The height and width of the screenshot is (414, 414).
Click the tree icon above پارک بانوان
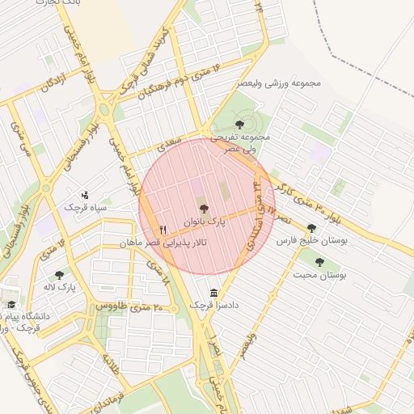202,209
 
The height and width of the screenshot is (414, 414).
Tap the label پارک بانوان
202,221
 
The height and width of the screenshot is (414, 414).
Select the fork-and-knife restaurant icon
164,230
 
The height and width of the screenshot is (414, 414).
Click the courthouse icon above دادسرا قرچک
213,293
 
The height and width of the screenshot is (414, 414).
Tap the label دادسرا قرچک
209,306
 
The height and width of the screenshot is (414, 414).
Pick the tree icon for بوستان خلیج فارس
311,228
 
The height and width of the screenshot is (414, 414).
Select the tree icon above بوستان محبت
319,262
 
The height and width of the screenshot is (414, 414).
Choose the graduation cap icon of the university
11,304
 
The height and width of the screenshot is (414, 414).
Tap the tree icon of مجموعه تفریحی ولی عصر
239,124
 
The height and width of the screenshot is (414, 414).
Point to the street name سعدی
171,145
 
